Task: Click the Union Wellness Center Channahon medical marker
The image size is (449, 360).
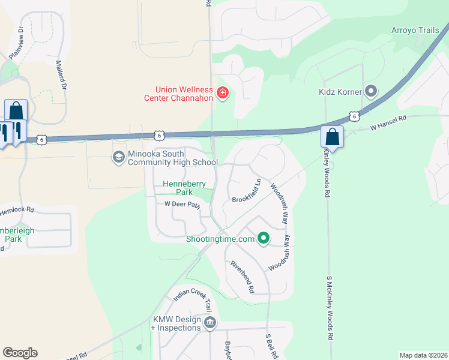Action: [x=223, y=92]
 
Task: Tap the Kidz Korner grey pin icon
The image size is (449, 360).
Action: [x=371, y=92]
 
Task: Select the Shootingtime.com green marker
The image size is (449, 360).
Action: [x=263, y=239]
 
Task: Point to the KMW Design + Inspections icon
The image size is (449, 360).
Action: [x=210, y=323]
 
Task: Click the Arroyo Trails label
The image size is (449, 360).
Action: [x=415, y=30]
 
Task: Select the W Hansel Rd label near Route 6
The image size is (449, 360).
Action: [x=388, y=122]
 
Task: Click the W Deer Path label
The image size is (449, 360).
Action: [x=182, y=205]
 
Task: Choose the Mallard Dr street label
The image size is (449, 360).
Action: [x=61, y=74]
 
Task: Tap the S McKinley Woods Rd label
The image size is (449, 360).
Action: [x=330, y=309]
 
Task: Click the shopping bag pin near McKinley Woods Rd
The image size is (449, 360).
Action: [x=332, y=137]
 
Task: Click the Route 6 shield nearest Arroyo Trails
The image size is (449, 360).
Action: [x=354, y=115]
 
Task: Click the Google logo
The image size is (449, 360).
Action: [x=20, y=353]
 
